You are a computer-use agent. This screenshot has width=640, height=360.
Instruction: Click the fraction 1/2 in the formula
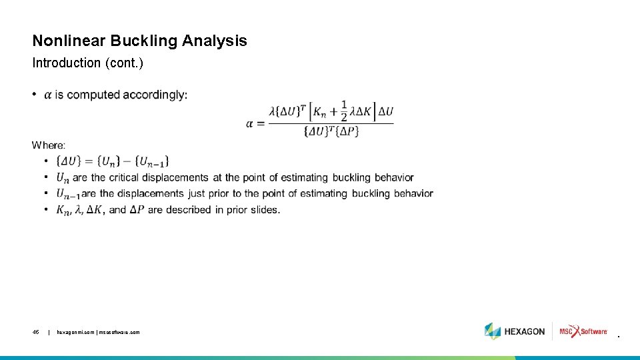pos(344,111)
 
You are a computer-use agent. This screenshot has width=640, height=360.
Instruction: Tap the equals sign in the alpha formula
pos(259,123)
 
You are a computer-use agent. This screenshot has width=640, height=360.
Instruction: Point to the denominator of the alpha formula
pos(331,132)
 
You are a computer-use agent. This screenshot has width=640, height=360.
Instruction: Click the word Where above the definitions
pos(49,145)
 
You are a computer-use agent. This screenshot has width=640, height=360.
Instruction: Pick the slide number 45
pos(36,331)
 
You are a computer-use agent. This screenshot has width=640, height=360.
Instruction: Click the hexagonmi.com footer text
pos(99,331)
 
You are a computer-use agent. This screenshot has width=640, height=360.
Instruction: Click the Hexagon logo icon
pos(493,331)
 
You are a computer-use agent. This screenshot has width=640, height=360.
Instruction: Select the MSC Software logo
pos(583,331)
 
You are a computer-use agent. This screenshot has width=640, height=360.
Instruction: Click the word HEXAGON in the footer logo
pos(525,331)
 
